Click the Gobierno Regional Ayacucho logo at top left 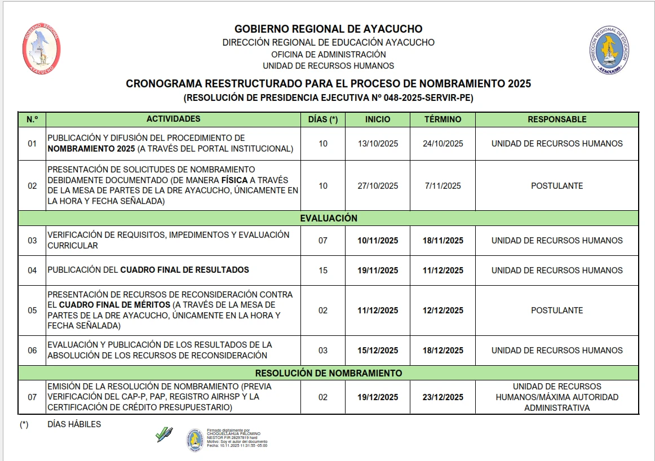41,50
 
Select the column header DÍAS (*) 322,119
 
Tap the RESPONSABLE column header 556,119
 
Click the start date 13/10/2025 378,144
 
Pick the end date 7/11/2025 442,186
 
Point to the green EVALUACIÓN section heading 328,218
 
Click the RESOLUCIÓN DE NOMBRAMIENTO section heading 328,373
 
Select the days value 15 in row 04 322,271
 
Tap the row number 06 32,351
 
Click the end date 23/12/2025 442,397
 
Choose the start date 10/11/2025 378,241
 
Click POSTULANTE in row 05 556,311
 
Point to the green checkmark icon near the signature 163,434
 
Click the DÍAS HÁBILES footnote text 74,424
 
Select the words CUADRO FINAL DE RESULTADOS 184,270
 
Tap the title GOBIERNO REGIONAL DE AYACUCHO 328,29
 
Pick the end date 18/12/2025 442,351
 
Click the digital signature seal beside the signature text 195,440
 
